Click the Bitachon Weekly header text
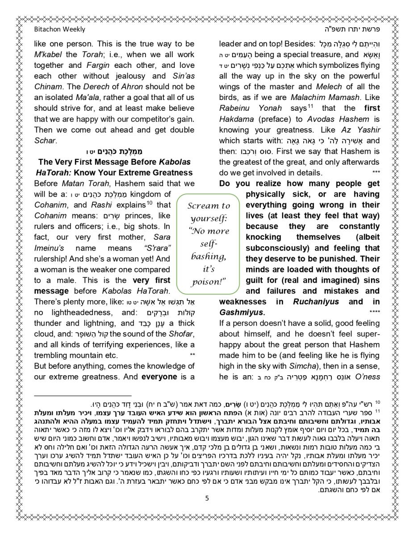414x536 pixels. [59, 29]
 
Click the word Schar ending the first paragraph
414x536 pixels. [45, 140]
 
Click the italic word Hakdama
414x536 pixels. [237, 119]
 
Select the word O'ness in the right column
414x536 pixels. [367, 377]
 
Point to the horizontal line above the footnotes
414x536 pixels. [83, 396]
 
